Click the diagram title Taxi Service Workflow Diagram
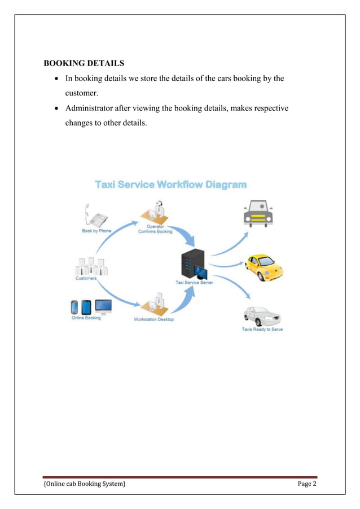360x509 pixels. point(170,185)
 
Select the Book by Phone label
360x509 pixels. point(96,231)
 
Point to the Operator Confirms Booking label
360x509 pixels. point(155,229)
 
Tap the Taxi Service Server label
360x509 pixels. point(194,282)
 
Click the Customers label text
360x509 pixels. point(86,278)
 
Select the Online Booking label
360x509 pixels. point(86,318)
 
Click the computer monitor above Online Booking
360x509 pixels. point(104,306)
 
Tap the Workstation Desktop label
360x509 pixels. point(154,319)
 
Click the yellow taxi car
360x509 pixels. point(262,267)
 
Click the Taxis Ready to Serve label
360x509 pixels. point(262,330)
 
